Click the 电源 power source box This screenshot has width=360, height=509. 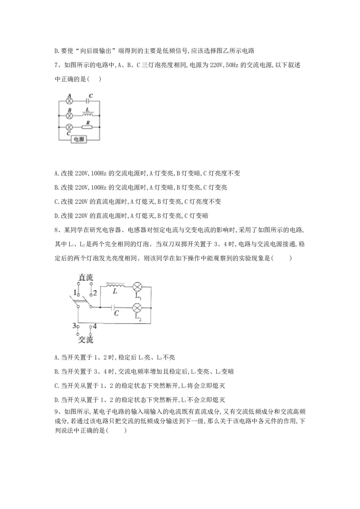pos(79,139)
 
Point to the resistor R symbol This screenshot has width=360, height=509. pos(87,127)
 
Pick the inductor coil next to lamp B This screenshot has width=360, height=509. pos(88,115)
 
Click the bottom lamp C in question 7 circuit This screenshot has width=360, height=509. pos(70,127)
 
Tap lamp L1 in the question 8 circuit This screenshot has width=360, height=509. pos(138,287)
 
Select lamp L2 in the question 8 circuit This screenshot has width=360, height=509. pos(138,308)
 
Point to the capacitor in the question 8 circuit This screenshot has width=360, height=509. pos(115,308)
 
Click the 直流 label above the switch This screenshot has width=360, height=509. pos(86,277)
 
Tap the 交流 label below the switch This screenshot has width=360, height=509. pos(86,339)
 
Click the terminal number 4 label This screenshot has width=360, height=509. pos(95,326)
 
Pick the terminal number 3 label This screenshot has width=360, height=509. pos(74,326)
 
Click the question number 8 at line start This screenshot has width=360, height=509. pos(56,230)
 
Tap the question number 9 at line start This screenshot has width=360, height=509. pos(56,412)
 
